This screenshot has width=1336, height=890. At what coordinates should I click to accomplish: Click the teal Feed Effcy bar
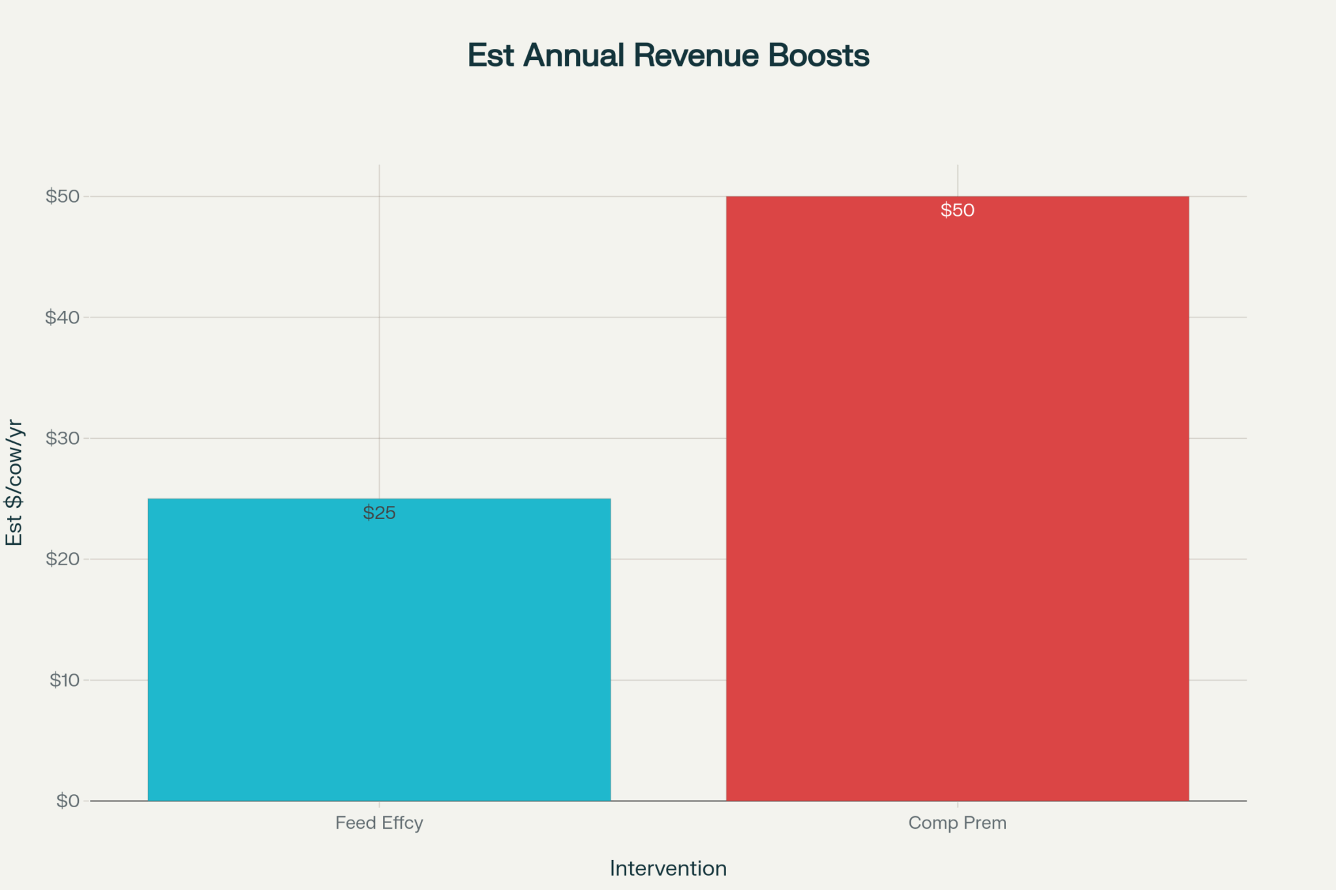379,649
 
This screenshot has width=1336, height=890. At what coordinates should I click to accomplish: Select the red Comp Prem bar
957,498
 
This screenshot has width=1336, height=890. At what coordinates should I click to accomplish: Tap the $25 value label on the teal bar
379,513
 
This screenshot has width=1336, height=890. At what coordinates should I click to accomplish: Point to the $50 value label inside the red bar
957,211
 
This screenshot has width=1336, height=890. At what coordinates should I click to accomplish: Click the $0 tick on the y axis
68,801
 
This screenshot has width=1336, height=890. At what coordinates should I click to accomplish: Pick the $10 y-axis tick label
65,680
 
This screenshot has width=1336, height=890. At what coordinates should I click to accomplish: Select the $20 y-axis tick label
63,559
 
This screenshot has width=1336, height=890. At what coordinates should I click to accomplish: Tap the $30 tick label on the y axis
63,438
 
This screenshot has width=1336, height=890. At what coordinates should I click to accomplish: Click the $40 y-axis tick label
63,318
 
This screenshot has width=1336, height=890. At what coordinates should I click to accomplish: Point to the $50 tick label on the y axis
63,196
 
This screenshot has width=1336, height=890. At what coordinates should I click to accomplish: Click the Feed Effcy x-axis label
379,823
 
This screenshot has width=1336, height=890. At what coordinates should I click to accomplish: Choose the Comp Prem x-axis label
957,823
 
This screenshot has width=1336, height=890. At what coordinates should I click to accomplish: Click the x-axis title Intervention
668,868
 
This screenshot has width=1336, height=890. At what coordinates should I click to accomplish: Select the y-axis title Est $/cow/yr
14,482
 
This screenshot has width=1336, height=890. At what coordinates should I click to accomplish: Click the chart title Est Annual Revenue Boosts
668,55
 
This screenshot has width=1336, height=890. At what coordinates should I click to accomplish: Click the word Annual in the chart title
574,55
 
